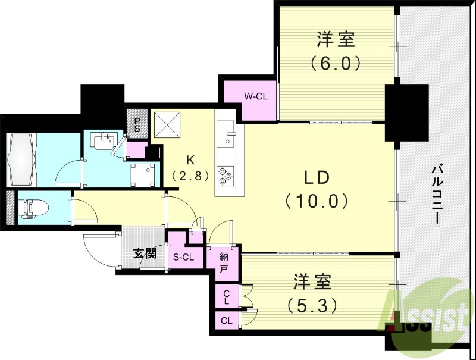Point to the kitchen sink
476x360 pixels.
226,133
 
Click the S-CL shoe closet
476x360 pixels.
183,257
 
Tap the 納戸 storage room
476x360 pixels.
224,262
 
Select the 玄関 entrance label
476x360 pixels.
145,253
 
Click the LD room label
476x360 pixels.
317,178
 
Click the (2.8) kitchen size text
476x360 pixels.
190,176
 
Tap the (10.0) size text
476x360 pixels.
317,201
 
